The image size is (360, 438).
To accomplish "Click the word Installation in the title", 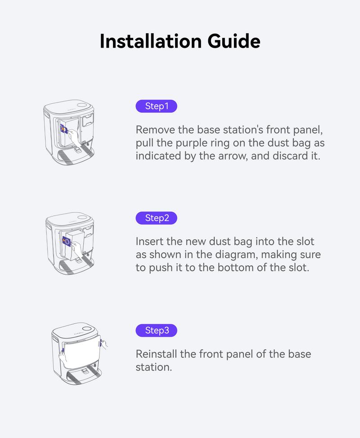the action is [151, 41].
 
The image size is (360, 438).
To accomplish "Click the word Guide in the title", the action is [234, 41].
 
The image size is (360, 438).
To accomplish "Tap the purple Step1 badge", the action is [157, 106].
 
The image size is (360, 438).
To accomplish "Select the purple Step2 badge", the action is [157, 218].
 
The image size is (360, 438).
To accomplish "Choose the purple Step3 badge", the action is [157, 331].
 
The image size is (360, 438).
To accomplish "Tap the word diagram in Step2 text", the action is [236, 255].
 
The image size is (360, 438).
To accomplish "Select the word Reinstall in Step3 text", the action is [156, 354].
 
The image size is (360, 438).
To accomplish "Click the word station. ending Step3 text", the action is [154, 367].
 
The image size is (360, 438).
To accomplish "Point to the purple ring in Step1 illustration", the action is [64, 129].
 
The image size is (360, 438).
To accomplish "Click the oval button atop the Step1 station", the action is [82, 105].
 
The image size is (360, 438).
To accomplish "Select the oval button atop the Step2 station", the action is [82, 217].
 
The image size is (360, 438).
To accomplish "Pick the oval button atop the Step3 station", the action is [87, 329].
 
